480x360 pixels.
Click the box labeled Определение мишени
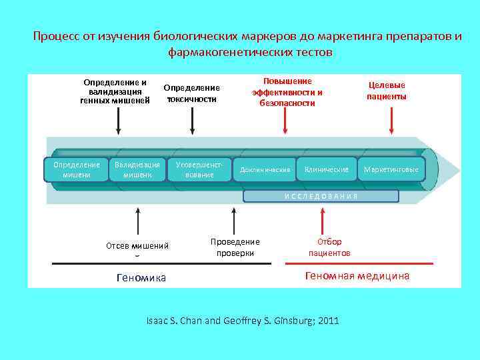[x=76, y=170]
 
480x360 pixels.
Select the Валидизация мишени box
[x=137, y=170]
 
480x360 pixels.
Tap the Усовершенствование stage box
[x=199, y=170]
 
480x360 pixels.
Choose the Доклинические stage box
[x=265, y=170]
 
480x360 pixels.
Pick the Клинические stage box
[x=326, y=170]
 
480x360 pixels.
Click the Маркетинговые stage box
[x=391, y=170]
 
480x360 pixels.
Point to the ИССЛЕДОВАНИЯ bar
[x=321, y=196]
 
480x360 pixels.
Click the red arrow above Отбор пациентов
[x=322, y=221]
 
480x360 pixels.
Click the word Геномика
[x=141, y=277]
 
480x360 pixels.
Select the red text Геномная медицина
[x=357, y=276]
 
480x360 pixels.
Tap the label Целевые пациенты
[x=387, y=91]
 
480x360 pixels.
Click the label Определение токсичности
[x=192, y=93]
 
